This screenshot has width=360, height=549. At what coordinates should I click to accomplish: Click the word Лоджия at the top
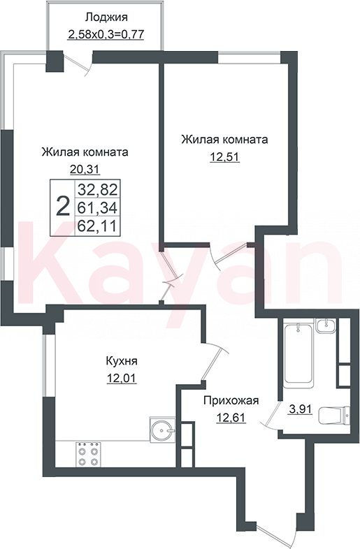[106, 17]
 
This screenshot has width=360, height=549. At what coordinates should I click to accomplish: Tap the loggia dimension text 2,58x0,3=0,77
[106, 34]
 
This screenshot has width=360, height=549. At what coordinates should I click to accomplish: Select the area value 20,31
[85, 170]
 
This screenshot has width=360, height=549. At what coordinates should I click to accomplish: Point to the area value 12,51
[224, 157]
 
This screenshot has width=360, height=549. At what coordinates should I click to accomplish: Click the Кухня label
[122, 361]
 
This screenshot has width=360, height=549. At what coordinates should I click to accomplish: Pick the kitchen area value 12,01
[122, 378]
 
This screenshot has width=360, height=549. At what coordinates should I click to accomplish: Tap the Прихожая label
[231, 400]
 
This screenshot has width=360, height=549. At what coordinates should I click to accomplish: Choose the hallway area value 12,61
[231, 418]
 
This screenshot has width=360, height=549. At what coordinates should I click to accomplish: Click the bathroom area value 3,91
[300, 409]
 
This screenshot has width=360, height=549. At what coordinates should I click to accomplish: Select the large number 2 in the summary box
[63, 207]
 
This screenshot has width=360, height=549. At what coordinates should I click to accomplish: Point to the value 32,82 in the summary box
[97, 190]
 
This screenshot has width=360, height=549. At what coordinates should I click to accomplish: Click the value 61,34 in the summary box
[97, 208]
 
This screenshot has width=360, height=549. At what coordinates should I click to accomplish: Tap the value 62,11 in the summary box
[97, 226]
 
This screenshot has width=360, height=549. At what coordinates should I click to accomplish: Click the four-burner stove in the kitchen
[87, 454]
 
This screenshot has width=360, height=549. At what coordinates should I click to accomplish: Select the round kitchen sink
[162, 429]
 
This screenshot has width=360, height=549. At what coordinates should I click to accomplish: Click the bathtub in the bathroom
[298, 355]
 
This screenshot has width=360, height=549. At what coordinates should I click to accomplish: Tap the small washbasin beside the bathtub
[326, 325]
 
